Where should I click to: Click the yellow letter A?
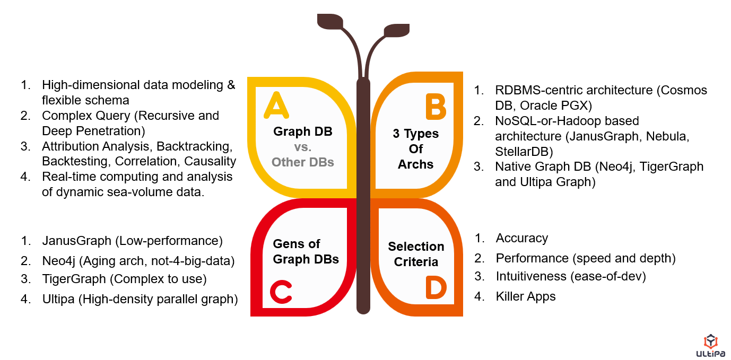(276, 105)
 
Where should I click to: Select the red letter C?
(281, 292)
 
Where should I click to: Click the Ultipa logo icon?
(710, 342)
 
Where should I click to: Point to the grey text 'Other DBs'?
(303, 162)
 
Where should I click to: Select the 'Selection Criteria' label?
(416, 254)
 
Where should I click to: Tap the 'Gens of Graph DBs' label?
(306, 251)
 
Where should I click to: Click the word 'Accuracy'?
(521, 238)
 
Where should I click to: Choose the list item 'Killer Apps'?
(525, 296)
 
